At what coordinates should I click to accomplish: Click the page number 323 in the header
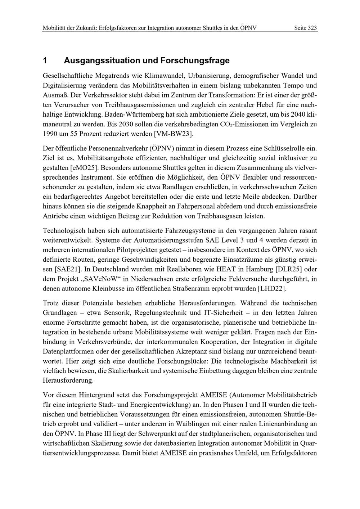coord(312,28)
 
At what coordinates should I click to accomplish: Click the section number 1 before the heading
coord(45,60)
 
